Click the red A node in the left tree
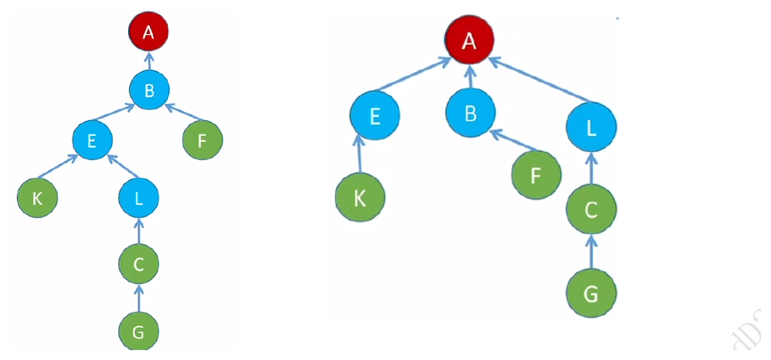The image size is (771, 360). coord(149,32)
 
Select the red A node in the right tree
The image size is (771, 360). coord(470,40)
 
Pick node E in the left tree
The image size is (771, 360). coord(92,140)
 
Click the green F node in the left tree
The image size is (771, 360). coord(203,140)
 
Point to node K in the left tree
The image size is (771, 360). coord(38,198)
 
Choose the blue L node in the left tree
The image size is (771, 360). coord(139,198)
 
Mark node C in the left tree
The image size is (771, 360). coord(139,264)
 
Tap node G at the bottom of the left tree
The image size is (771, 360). coord(139,332)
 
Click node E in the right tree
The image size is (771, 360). coord(375,116)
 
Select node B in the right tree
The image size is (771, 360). coord(471,113)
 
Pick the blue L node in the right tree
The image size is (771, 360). coord(592,127)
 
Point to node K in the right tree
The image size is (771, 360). coord(360,197)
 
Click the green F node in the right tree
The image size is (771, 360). coord(536,174)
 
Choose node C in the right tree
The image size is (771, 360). coord(592,209)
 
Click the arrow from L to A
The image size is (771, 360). coord(539,79)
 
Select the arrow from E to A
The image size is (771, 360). coord(413,74)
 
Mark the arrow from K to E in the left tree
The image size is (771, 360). coord(57,167)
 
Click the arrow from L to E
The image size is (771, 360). coord(123,167)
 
